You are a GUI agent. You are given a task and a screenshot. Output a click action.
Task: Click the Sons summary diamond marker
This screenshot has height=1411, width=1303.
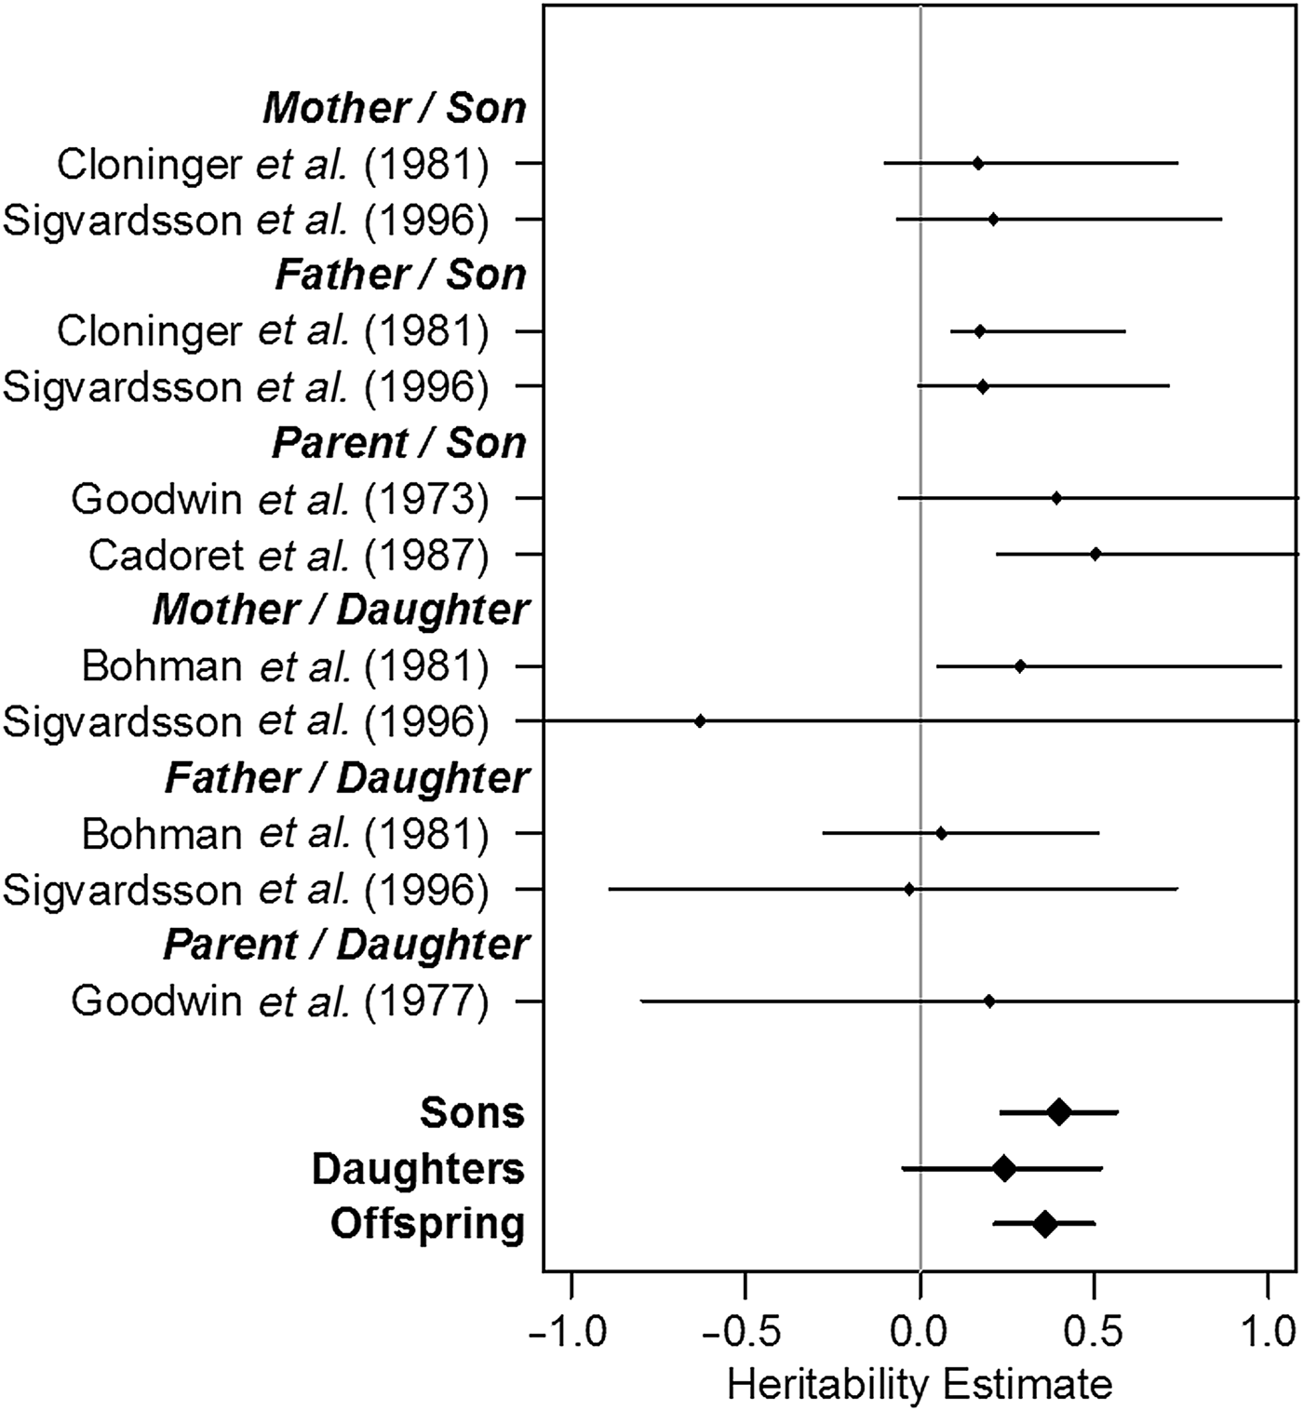coord(1058,1112)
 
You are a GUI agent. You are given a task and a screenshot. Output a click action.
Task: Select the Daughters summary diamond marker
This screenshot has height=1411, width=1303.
coord(1003,1168)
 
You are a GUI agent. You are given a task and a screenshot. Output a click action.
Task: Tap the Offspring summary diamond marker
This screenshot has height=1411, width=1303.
coord(1045,1224)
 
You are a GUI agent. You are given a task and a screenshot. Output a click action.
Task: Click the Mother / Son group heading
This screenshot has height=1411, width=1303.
coord(395,108)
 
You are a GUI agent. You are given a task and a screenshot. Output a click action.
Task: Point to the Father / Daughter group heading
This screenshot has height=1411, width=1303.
coord(346,778)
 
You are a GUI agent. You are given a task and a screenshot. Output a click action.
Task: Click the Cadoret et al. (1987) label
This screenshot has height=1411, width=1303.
coord(289,555)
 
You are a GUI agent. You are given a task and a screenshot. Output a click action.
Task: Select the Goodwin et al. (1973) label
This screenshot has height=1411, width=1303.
coord(279,499)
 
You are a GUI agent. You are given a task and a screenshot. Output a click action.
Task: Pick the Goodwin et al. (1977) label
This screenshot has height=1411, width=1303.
coord(279,1001)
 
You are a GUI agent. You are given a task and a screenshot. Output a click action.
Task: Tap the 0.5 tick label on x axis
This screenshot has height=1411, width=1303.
coord(1094,1333)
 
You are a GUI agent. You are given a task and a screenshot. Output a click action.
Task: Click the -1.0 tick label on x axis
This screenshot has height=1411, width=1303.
coord(569,1333)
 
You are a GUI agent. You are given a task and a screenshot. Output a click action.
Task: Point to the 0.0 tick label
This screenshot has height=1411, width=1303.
coord(920,1333)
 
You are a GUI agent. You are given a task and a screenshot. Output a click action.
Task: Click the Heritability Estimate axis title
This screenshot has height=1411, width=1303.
coord(920,1385)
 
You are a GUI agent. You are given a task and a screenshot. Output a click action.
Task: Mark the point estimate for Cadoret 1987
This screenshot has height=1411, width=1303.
coord(1095,554)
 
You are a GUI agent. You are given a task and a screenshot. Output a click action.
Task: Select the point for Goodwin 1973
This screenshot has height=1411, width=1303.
coord(1056,498)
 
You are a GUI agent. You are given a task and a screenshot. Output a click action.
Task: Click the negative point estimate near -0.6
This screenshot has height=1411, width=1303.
coord(700,721)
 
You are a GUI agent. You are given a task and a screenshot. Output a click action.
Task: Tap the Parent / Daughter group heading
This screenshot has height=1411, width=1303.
coord(346,946)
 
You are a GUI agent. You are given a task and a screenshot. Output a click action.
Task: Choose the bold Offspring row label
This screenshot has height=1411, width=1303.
coord(427,1224)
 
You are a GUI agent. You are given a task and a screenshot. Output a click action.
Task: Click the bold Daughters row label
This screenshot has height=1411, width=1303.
coord(418,1169)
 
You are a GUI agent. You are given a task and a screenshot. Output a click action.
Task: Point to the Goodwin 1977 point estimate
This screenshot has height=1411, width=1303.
coord(989,1001)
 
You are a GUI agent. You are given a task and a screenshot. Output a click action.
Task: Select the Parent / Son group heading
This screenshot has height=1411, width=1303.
coord(399,443)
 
